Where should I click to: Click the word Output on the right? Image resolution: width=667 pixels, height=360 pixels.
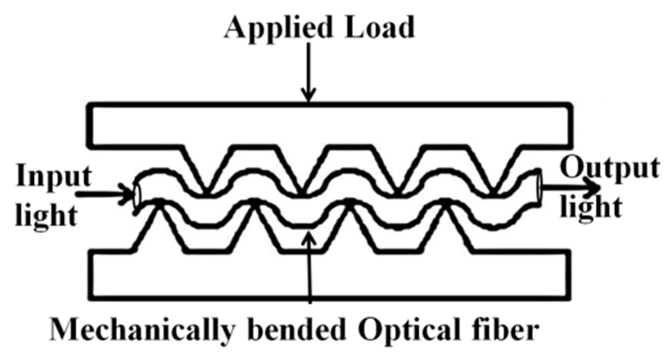(610, 167)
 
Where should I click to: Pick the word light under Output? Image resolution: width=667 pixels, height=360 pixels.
(591, 206)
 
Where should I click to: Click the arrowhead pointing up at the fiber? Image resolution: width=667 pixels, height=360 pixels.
(310, 236)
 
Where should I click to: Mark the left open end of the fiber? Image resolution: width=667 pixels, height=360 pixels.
(136, 195)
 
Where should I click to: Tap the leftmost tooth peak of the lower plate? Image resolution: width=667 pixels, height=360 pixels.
(159, 203)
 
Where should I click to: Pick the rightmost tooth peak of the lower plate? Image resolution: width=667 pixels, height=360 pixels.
(446, 202)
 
